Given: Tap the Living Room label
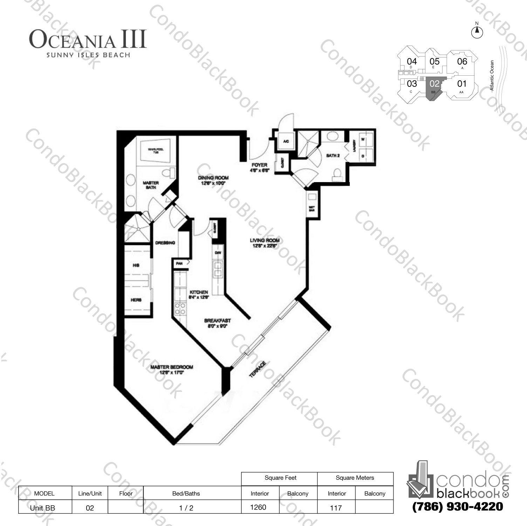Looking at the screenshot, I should (x=265, y=241).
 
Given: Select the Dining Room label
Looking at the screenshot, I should (x=213, y=178).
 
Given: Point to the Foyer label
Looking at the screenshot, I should (x=259, y=165).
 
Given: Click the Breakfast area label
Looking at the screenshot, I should (x=217, y=320).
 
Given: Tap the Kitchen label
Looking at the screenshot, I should (x=199, y=292).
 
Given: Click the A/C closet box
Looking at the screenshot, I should (x=286, y=142).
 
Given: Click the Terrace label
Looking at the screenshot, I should (x=257, y=369).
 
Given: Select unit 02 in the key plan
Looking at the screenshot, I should (x=434, y=84).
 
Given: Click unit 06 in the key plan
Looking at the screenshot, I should (x=462, y=62).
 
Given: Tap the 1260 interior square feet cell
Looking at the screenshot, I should (x=259, y=507).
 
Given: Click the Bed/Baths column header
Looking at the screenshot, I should (x=186, y=493).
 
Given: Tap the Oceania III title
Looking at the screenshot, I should (x=88, y=40).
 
